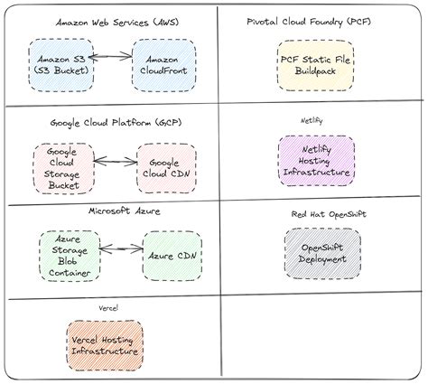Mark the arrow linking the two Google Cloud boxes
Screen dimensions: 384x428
(x=116, y=164)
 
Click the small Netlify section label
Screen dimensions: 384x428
(x=312, y=120)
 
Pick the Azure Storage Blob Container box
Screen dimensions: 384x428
(x=69, y=256)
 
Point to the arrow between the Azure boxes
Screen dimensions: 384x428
(x=122, y=248)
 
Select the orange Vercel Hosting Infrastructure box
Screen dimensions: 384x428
(x=104, y=344)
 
